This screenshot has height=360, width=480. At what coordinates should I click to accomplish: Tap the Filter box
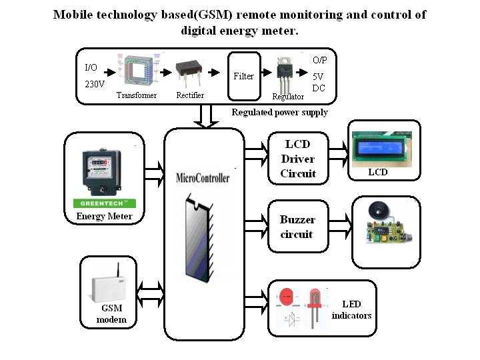243,76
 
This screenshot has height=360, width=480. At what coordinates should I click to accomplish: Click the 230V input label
95,85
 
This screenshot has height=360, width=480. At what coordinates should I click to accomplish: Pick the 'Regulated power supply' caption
279,112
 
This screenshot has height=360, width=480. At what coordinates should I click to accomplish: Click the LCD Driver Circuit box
297,159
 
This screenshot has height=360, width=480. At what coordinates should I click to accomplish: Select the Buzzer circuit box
297,227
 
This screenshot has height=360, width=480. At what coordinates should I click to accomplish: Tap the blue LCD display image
385,150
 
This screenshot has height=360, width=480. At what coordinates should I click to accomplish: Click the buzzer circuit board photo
385,227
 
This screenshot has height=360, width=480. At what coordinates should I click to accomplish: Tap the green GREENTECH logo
103,203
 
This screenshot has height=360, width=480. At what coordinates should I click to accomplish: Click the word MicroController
203,178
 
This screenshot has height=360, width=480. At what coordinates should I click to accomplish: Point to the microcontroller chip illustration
201,237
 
